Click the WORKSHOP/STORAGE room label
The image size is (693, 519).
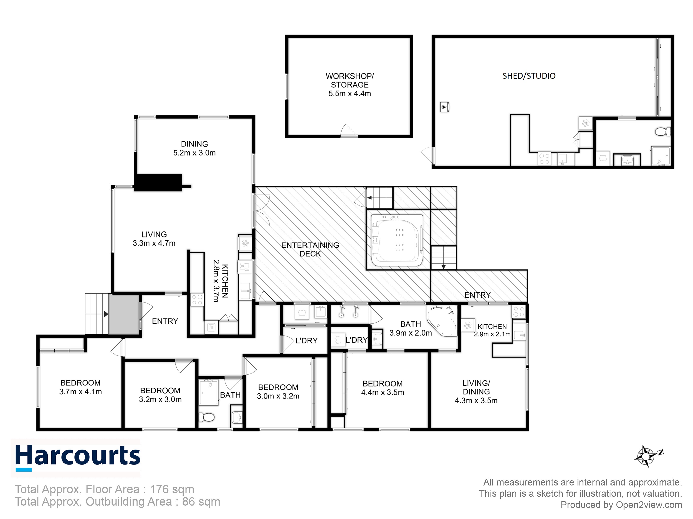coord(349,80)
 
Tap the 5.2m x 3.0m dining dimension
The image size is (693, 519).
coord(194,153)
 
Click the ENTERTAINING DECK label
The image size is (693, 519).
coord(310,249)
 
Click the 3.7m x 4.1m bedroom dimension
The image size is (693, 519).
coord(81,392)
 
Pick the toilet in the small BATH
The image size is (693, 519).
coord(207,417)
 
